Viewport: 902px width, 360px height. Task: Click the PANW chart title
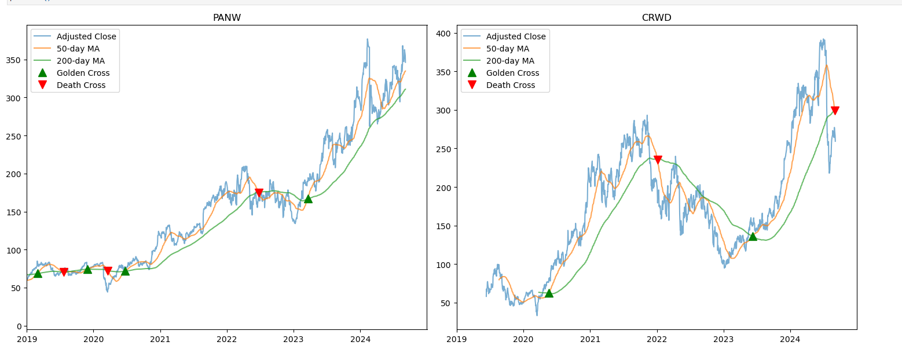(x=227, y=17)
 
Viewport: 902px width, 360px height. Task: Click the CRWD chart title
(x=657, y=17)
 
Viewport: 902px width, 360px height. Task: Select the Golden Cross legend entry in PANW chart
(x=83, y=73)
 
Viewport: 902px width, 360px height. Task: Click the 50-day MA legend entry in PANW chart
(x=78, y=49)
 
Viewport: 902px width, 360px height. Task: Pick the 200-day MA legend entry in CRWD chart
(x=509, y=61)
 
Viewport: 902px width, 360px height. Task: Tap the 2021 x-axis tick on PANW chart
(x=160, y=340)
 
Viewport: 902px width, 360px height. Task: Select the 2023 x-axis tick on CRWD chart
(x=724, y=340)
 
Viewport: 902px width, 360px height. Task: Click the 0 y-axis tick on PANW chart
(x=19, y=326)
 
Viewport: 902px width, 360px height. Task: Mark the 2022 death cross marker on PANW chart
(x=259, y=193)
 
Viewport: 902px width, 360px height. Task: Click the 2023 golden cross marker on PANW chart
(x=308, y=199)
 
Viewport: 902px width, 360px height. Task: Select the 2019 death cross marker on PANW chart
(x=64, y=272)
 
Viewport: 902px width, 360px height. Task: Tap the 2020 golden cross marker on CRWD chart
(x=549, y=293)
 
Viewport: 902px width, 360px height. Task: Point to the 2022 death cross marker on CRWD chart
(x=658, y=160)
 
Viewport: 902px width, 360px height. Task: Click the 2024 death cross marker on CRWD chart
(x=835, y=111)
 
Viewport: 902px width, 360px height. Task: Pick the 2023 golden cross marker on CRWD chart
(x=753, y=236)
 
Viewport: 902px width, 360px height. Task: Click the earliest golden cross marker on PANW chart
(x=38, y=273)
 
